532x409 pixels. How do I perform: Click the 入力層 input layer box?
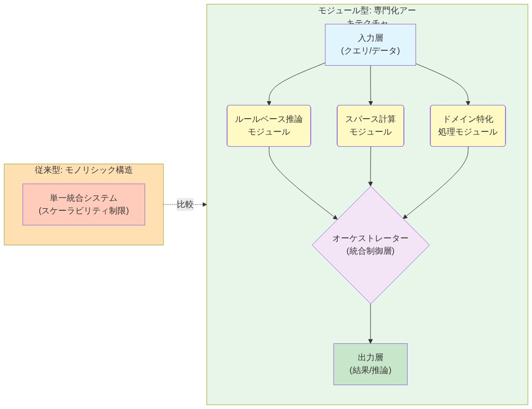pos(370,45)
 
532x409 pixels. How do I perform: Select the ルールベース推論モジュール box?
pos(268,126)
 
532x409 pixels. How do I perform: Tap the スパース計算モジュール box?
pos(370,126)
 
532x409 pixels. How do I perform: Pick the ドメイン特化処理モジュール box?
pos(467,126)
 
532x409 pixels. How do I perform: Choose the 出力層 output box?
pos(370,364)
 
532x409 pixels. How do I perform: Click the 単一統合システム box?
pos(84,204)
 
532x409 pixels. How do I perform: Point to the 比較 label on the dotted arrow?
pos(185,204)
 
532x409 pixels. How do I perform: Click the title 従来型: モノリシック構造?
pos(84,170)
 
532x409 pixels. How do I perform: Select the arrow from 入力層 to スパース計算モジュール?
pos(370,85)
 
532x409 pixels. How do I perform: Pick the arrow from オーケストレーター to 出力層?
pos(370,323)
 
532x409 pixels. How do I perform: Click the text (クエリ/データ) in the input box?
pos(370,51)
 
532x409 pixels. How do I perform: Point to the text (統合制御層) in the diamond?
pos(370,251)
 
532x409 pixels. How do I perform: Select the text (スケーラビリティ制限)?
pos(84,210)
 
